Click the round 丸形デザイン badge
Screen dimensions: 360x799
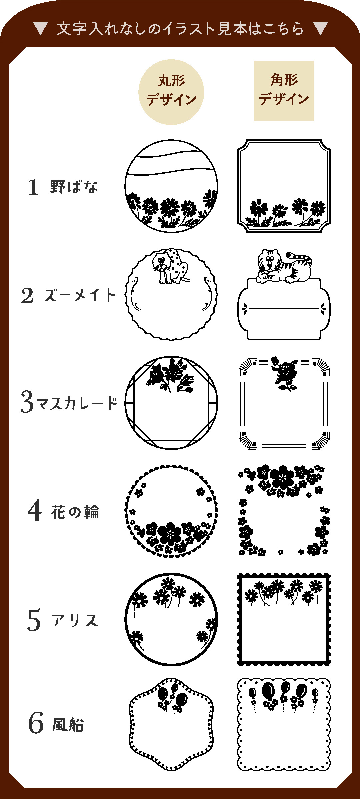click(171, 92)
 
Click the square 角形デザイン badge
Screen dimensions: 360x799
click(284, 91)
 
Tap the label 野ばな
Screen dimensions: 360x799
click(74, 187)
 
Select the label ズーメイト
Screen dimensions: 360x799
click(80, 295)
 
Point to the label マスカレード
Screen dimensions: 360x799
click(77, 403)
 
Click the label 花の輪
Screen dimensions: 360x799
click(75, 512)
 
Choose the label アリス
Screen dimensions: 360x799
click(75, 620)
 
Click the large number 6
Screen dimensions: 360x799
click(36, 723)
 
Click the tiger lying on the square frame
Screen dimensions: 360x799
click(284, 266)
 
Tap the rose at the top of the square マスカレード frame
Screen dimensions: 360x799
click(284, 373)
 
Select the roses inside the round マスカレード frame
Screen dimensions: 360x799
click(170, 374)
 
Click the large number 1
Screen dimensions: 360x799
click(33, 187)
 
